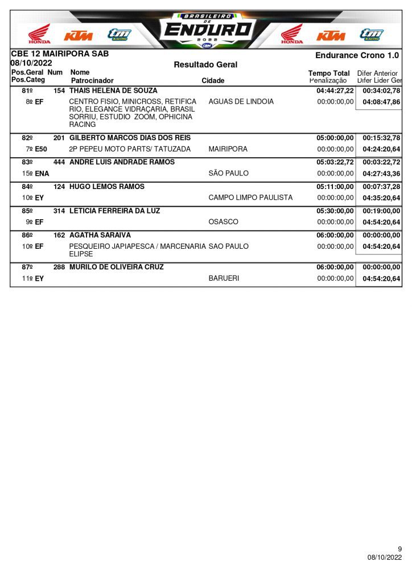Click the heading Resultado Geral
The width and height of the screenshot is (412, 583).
pos(205,65)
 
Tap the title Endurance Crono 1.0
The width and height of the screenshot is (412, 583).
pos(357,55)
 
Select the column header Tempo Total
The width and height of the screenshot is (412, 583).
pos(329,73)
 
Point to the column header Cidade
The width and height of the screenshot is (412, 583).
pos(213,81)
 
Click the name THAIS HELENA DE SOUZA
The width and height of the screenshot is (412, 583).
pos(113,91)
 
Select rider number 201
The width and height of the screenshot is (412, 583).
pos(59,138)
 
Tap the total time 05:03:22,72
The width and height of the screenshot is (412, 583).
pos(335,162)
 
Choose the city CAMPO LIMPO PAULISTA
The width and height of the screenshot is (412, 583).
pos(250,198)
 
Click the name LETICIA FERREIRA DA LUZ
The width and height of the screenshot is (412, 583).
pos(114,211)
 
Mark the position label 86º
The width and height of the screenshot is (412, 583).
pos(27,235)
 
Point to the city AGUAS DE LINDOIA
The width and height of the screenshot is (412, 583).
pos(241,102)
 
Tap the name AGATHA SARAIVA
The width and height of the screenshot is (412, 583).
pos(100,235)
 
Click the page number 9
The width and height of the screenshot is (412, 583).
pos(399,549)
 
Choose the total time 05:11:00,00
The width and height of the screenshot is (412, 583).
pos(335,187)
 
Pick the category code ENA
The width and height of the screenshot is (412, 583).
pos(42,174)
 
